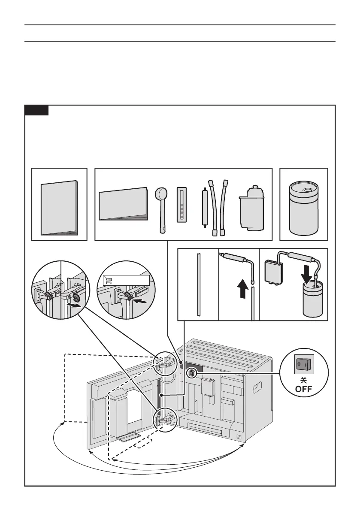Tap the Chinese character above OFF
[303, 381]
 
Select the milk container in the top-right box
[303, 208]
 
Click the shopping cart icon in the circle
[108, 280]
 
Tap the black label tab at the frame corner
[36, 110]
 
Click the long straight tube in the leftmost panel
[199, 284]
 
